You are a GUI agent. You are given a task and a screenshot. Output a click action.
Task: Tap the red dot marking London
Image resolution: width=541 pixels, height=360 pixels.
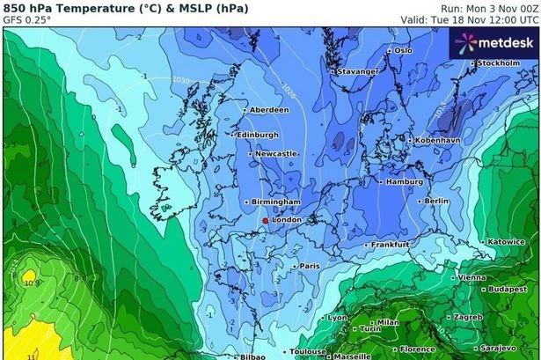pyautogui.click(x=265, y=220)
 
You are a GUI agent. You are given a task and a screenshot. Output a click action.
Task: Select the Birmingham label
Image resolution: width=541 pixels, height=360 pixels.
pyautogui.click(x=275, y=202)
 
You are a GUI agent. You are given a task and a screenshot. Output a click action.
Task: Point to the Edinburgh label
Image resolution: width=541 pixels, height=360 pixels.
pyautogui.click(x=258, y=135)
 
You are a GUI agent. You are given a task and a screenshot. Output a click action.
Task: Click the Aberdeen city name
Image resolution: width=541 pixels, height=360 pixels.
pyautogui.click(x=269, y=110)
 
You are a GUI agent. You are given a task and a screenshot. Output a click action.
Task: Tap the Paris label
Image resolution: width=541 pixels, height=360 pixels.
pyautogui.click(x=309, y=265)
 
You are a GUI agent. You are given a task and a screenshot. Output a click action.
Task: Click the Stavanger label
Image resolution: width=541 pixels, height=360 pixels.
pyautogui.click(x=360, y=71)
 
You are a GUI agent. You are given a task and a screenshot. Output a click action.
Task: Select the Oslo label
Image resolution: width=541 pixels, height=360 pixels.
pyautogui.click(x=403, y=50)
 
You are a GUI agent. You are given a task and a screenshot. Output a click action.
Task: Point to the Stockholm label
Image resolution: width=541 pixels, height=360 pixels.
pyautogui.click(x=499, y=63)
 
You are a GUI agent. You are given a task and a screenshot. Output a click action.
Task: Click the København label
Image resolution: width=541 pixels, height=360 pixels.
pyautogui.click(x=437, y=140)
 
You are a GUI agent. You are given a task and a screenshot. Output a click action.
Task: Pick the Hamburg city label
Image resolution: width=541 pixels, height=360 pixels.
pyautogui.click(x=405, y=181)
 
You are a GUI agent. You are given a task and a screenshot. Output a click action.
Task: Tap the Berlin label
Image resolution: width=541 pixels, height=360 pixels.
pyautogui.click(x=436, y=201)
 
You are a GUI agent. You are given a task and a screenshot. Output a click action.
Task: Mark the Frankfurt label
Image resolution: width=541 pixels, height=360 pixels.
pyautogui.click(x=391, y=244)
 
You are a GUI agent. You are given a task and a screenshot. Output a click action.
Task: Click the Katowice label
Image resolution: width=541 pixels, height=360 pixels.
pyautogui.click(x=506, y=241)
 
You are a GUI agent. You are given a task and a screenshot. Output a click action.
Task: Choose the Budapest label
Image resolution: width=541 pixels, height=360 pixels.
pyautogui.click(x=508, y=289)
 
